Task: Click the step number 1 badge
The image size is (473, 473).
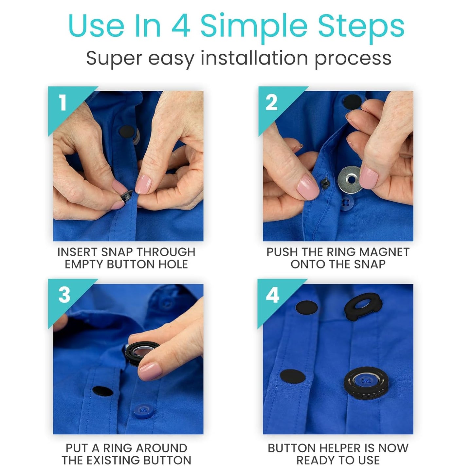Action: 63,103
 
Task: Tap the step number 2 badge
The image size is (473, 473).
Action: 272,103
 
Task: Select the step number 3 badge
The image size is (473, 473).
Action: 64,295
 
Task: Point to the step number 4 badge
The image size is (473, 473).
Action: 272,295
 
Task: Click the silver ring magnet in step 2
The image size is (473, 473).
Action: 351,179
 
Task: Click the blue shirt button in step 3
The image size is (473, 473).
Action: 143,409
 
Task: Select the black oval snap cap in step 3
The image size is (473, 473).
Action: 102,391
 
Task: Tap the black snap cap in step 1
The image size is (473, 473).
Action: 127,132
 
